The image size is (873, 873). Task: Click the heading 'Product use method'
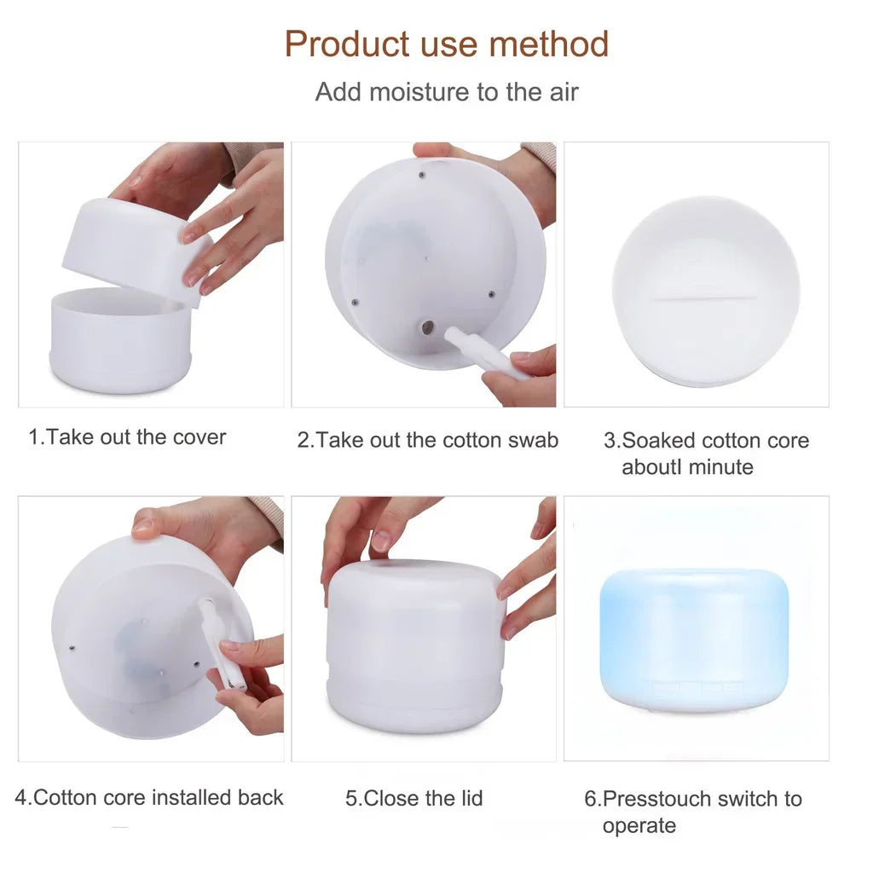pos(447,43)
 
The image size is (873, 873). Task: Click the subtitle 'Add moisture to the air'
pos(447,92)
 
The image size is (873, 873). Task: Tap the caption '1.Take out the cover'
pos(128,437)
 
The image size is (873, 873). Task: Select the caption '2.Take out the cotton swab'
pos(428,440)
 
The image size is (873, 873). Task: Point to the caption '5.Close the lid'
pos(414,799)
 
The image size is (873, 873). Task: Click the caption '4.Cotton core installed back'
pos(150,798)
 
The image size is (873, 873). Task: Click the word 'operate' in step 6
pos(639,825)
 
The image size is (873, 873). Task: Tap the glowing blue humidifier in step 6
pos(694,635)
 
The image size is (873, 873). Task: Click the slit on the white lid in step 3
pos(704,298)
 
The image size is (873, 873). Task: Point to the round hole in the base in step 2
pos(428,327)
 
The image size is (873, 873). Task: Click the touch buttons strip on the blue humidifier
pos(697,685)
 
